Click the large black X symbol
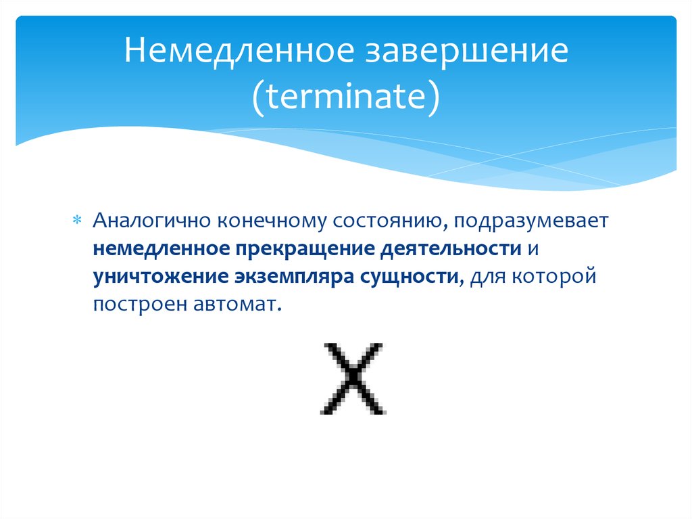(x=352, y=379)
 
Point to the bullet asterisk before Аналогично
(x=76, y=222)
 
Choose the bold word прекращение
(x=302, y=248)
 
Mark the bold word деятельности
(x=449, y=248)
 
